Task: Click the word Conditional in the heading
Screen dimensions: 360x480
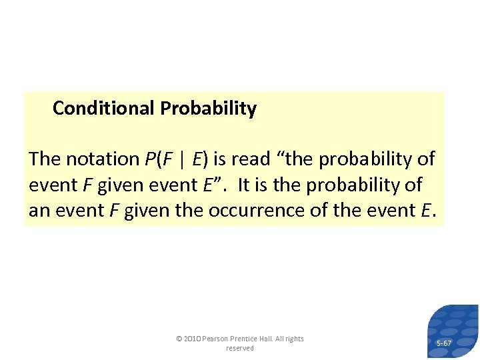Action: (x=103, y=109)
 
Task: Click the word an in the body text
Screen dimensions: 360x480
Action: (x=39, y=211)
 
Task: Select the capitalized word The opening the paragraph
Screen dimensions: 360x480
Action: (x=45, y=159)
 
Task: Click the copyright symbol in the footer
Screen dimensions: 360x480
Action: (x=179, y=339)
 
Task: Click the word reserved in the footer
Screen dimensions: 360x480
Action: (x=240, y=348)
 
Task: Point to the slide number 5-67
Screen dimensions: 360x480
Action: (x=443, y=343)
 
